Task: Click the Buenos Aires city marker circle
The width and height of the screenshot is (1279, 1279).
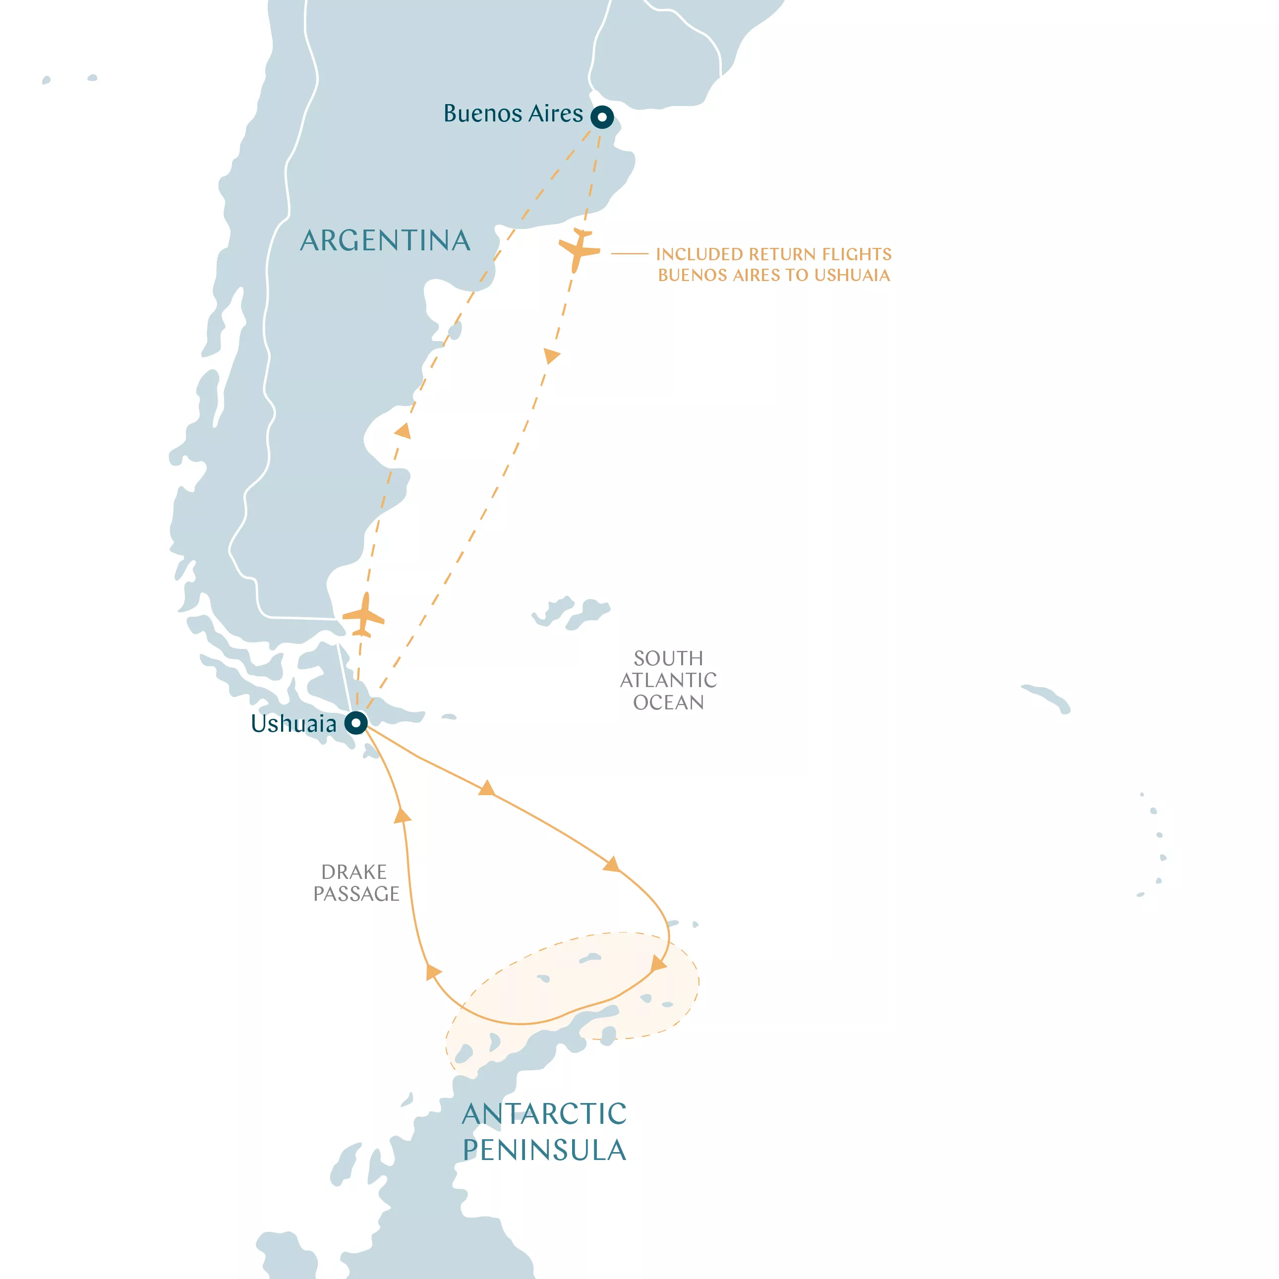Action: pos(602,117)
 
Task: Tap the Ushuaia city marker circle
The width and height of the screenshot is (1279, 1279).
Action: pos(356,722)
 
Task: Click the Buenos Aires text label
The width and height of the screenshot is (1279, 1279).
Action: pos(513,114)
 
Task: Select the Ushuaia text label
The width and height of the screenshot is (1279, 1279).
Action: pos(293,724)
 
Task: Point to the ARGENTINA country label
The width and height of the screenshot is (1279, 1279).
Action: pos(385,240)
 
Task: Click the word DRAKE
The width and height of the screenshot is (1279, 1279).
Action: pos(353,872)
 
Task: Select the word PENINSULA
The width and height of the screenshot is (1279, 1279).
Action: pos(544,1150)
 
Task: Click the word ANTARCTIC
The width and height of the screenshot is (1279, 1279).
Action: pos(544,1113)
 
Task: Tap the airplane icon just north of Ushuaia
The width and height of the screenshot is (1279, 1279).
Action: pos(363,616)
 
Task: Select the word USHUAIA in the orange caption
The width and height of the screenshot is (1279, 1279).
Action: pos(852,276)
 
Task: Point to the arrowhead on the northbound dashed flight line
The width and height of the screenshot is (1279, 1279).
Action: pos(403,432)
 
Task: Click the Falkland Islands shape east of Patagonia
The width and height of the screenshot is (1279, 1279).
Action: pos(571,612)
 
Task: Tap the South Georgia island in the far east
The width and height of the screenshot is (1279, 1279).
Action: pos(1048,698)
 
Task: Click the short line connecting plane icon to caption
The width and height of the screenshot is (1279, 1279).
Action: pos(629,253)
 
